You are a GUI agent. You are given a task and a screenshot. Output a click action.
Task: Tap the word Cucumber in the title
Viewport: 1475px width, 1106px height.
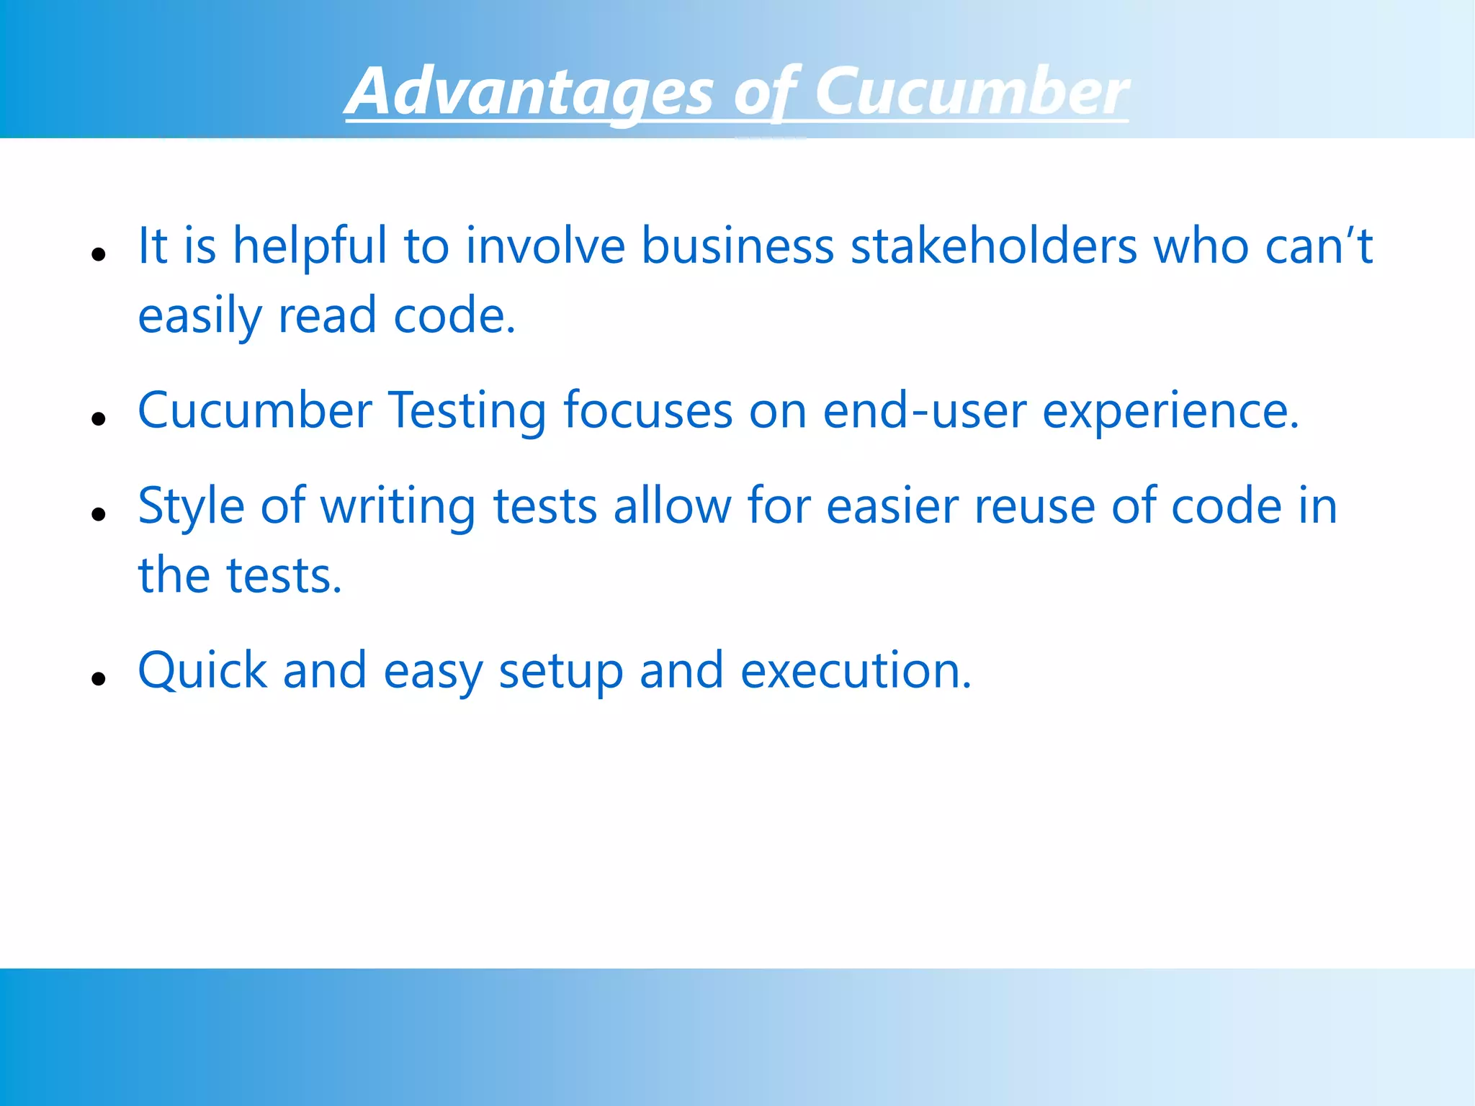coord(971,92)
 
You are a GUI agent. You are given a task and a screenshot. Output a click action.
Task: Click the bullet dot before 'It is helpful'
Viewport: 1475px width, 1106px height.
coord(99,254)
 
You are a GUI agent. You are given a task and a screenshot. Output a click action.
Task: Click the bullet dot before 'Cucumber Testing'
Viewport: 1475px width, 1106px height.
coord(99,419)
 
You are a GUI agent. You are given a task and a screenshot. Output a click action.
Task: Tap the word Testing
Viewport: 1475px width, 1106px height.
coord(467,412)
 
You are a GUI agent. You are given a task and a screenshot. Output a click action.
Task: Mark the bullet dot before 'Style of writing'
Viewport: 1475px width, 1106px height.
coord(99,514)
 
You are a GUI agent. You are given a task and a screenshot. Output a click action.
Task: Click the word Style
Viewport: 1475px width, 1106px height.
coord(191,507)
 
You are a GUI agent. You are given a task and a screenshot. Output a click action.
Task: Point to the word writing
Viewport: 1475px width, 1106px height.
coord(398,507)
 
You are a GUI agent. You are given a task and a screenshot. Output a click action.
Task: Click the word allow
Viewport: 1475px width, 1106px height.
coord(672,507)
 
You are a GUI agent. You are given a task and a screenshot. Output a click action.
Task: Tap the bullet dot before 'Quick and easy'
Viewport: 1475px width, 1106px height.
coord(99,678)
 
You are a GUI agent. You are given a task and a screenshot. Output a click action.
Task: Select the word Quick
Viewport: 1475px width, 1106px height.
coord(202,671)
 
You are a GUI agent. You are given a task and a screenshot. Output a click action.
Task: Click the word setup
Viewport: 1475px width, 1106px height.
coord(560,671)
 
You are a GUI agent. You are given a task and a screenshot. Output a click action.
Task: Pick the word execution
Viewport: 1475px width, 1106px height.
coord(856,671)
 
